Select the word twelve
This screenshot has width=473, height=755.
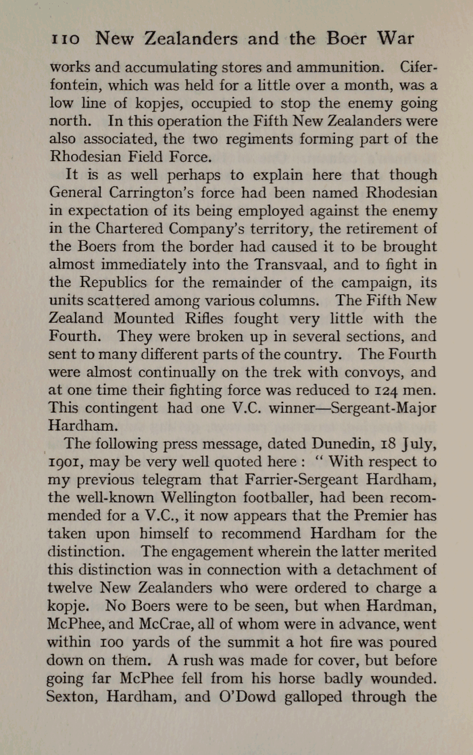(71, 587)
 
